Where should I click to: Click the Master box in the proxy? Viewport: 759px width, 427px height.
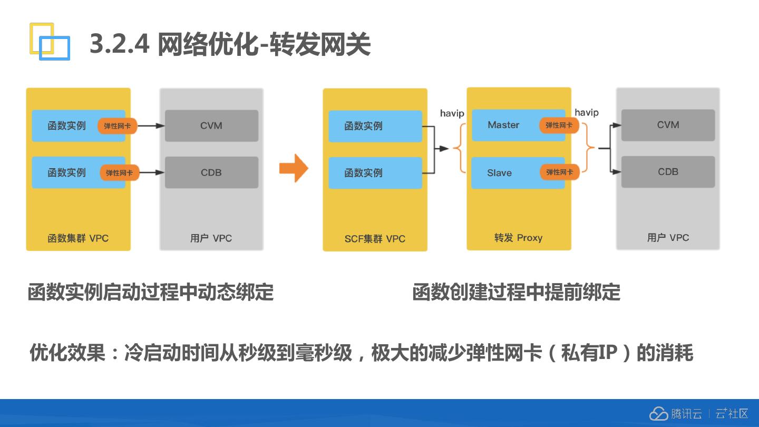504,125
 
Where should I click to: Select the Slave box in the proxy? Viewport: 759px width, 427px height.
500,172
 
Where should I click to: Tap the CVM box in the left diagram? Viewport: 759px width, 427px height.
211,125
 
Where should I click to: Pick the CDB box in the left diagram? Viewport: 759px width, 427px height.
211,172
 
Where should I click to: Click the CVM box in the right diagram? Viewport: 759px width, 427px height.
668,125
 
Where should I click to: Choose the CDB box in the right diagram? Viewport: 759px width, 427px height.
668,172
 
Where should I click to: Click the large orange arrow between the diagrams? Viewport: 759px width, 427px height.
294,168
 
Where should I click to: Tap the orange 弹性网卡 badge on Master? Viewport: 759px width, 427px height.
559,125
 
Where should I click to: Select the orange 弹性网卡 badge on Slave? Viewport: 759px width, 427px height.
560,172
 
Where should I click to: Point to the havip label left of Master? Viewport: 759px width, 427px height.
452,113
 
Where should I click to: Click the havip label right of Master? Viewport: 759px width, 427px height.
586,112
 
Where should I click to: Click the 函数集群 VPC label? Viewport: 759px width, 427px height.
78,238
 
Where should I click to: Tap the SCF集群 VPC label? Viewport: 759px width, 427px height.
375,239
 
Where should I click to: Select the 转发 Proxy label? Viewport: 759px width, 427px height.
518,238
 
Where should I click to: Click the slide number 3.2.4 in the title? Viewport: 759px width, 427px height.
120,44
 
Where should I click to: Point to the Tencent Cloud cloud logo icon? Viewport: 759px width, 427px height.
658,414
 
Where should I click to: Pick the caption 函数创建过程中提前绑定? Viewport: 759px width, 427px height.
516,292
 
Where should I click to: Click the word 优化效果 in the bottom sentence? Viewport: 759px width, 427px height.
67,353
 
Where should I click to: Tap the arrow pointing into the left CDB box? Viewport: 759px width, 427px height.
152,172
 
